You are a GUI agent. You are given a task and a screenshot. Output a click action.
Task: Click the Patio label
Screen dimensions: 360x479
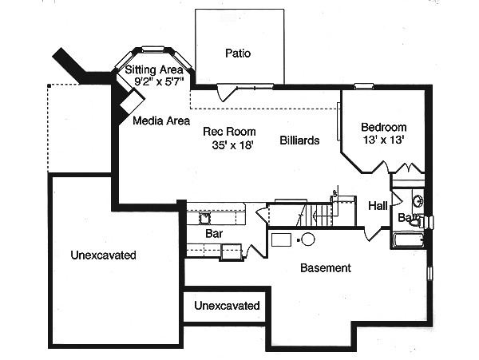click(238, 54)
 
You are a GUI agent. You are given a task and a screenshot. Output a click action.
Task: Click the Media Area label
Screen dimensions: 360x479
click(161, 121)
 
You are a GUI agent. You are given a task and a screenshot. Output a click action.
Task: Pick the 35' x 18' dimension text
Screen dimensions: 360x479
click(228, 146)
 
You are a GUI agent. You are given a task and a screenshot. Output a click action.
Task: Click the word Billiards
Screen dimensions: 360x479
click(299, 140)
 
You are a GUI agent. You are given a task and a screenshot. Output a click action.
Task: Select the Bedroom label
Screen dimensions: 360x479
click(383, 127)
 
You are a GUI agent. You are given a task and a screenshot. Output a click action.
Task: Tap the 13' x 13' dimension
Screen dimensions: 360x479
click(383, 140)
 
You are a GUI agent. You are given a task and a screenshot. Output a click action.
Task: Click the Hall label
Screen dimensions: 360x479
click(378, 206)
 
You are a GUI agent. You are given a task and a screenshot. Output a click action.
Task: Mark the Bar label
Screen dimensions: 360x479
click(214, 235)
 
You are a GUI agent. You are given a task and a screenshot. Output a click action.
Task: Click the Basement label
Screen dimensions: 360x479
click(325, 268)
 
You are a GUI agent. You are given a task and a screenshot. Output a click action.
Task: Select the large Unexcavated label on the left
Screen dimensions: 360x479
click(103, 256)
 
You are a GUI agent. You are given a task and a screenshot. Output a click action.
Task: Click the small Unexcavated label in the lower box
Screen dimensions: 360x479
click(228, 306)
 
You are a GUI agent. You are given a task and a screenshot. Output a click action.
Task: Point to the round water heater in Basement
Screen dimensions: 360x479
click(307, 239)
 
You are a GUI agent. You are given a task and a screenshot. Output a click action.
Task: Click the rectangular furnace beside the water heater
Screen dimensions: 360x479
click(282, 239)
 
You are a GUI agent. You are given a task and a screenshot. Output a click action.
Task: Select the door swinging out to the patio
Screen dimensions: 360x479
click(229, 92)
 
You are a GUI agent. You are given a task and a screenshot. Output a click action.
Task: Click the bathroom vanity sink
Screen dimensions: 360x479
click(417, 200)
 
